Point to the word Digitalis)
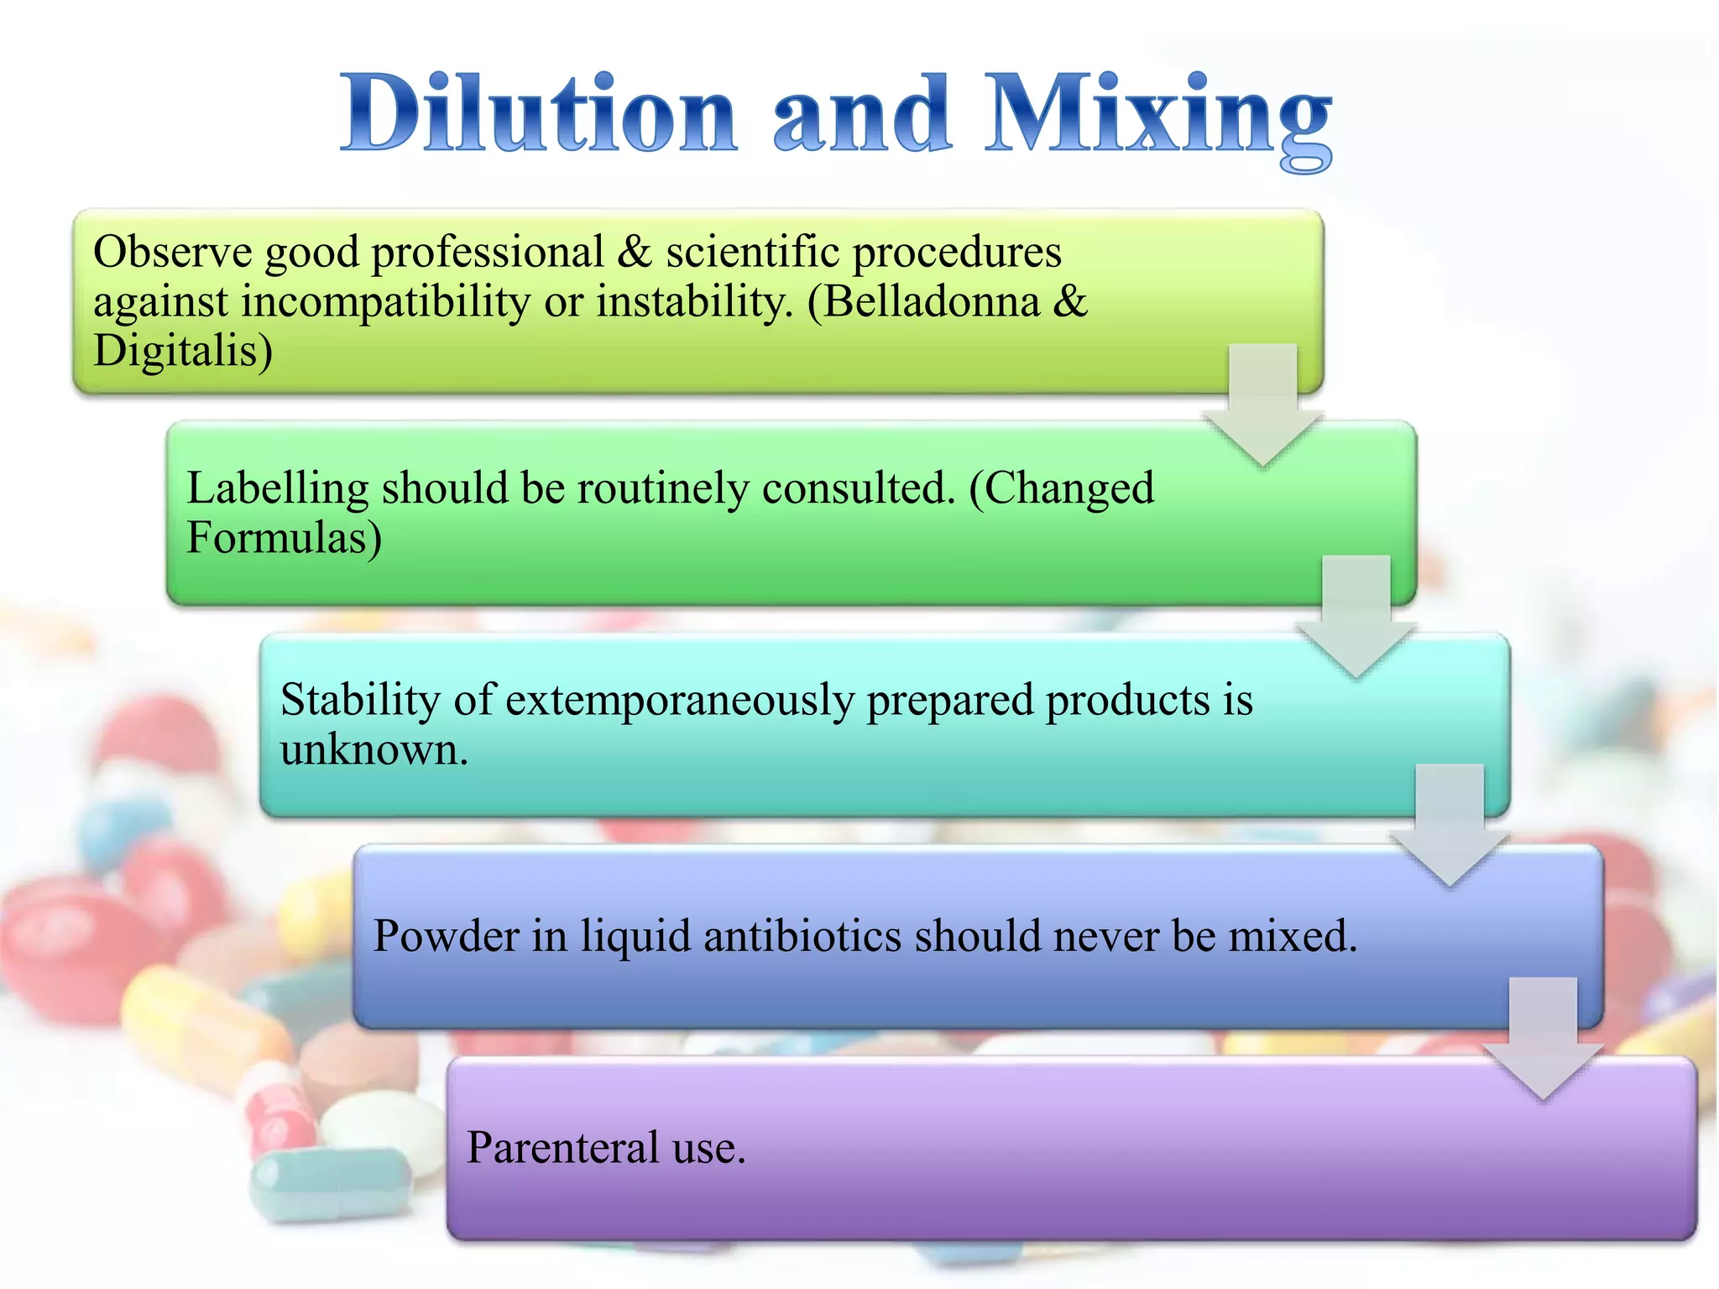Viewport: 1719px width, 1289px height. click(183, 351)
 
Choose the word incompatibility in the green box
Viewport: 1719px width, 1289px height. click(386, 303)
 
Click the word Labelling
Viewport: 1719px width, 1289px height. click(277, 488)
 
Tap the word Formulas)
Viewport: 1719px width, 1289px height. click(284, 538)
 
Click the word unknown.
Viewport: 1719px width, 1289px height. click(374, 749)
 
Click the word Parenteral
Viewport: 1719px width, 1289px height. click(562, 1147)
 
